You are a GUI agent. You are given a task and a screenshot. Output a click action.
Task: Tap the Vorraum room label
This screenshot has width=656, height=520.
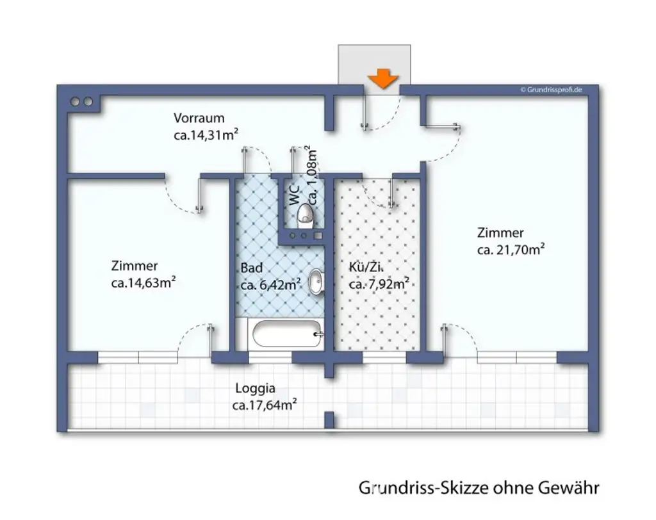click(x=199, y=118)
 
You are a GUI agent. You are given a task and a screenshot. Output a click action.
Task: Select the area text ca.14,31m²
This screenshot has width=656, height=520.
click(x=206, y=134)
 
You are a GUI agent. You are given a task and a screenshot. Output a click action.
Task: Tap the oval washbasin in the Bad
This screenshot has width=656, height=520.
click(x=316, y=282)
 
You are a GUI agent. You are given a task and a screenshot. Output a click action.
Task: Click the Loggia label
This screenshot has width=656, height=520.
click(x=255, y=387)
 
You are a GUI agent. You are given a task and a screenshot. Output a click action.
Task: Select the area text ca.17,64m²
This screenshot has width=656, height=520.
click(x=264, y=404)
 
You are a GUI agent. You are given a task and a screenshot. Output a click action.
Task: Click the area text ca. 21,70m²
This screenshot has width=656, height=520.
click(x=511, y=250)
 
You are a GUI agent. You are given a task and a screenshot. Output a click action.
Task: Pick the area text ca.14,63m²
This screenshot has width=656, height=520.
click(x=143, y=282)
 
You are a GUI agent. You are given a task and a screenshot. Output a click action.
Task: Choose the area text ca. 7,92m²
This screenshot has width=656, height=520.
click(x=379, y=284)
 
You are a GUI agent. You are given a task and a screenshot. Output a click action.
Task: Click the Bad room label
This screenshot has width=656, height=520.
click(x=251, y=268)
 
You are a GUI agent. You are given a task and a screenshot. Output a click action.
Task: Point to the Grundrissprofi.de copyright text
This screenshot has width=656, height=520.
click(x=550, y=90)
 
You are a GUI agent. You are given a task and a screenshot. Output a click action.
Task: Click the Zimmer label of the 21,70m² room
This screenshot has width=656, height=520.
click(x=500, y=233)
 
